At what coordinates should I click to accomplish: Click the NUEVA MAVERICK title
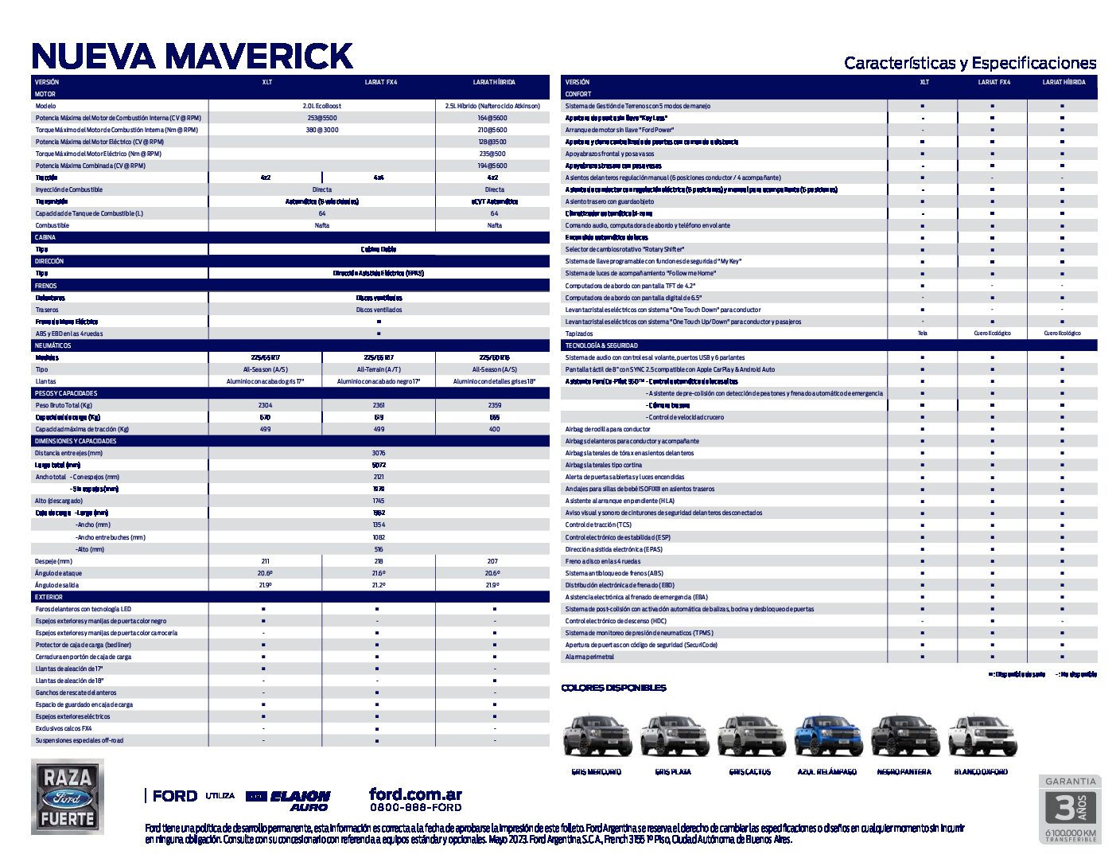192,56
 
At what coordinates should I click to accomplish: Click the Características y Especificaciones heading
970,63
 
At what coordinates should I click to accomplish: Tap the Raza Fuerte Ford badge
68,796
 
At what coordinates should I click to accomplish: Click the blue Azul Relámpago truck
827,735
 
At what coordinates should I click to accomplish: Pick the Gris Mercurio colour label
596,771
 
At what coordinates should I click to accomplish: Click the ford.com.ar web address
415,794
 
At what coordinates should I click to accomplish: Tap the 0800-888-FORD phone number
415,807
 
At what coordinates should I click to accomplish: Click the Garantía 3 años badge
1070,809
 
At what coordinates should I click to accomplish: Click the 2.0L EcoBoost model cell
321,106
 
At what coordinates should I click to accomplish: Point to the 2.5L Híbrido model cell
492,106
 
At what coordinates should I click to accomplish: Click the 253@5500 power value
321,118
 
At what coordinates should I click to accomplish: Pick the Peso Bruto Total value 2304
265,405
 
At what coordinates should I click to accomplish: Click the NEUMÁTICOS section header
53,345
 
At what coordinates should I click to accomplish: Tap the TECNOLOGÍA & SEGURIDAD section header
601,345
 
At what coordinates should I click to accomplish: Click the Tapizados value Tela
922,334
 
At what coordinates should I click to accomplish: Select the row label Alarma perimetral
589,657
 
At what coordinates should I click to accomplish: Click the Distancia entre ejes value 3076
379,453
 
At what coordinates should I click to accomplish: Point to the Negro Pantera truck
904,735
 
